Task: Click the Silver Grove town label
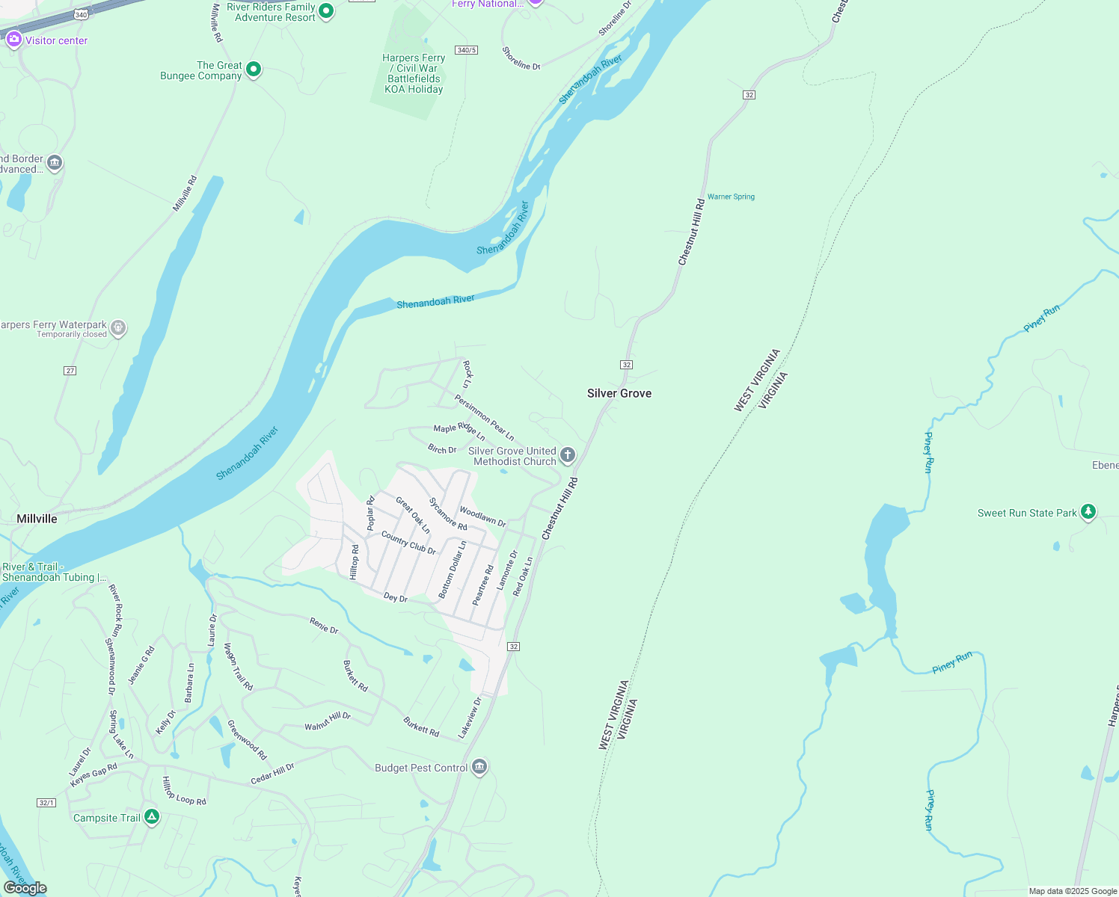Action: pos(619,393)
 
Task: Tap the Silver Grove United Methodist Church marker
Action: pos(568,454)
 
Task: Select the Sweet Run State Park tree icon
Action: pos(1088,512)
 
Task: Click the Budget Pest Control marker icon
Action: pos(479,767)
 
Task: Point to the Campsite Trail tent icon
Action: pos(152,817)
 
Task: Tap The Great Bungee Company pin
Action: pos(254,70)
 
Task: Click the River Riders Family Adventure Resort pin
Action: pos(325,11)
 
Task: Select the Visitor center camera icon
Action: pos(13,40)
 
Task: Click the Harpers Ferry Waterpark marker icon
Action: pos(118,327)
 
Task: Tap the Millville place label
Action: pos(37,519)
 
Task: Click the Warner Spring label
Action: pos(731,197)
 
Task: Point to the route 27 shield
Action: pos(70,371)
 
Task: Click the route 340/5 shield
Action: pos(467,50)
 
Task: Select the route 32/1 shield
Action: pos(46,802)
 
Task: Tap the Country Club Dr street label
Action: pos(408,543)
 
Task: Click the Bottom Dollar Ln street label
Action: pos(452,570)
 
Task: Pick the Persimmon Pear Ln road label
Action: pos(485,418)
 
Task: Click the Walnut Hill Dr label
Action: pos(328,721)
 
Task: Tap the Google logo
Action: pos(25,887)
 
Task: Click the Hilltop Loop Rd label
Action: pos(184,791)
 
